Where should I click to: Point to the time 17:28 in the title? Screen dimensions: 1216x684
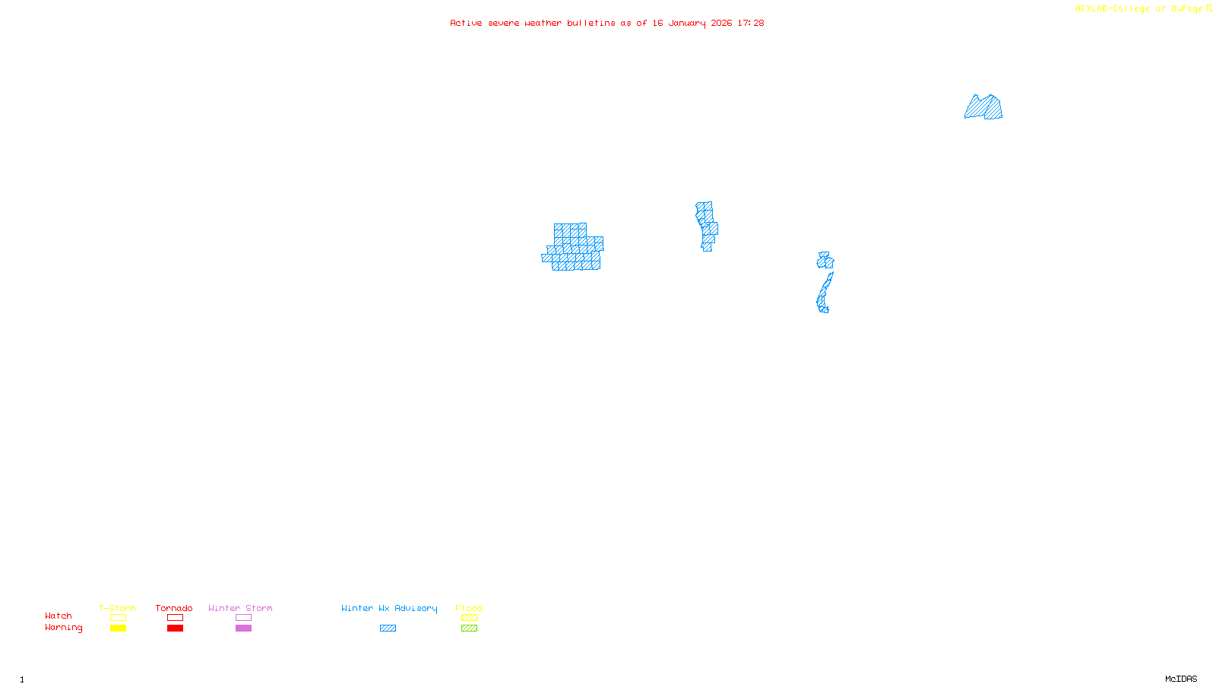click(x=750, y=23)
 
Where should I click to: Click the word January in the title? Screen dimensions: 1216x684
click(x=686, y=23)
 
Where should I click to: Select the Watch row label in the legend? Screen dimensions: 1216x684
click(x=59, y=616)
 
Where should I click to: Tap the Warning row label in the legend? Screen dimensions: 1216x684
click(x=63, y=628)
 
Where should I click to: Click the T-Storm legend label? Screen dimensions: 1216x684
click(x=117, y=608)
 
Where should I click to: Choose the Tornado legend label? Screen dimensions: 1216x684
click(x=174, y=608)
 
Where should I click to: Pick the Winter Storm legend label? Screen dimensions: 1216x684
click(x=240, y=608)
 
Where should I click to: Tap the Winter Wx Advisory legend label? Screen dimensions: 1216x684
click(x=389, y=608)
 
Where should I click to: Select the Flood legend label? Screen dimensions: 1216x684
click(x=469, y=608)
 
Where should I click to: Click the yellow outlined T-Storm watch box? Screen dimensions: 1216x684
click(x=118, y=618)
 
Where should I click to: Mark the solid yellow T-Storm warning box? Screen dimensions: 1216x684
click(x=118, y=629)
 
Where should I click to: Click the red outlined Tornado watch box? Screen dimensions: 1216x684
click(x=175, y=618)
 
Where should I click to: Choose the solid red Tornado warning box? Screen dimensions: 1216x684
click(x=175, y=629)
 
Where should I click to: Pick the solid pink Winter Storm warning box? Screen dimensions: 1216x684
click(x=243, y=629)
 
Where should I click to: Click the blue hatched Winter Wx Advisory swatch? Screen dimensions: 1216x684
click(x=388, y=629)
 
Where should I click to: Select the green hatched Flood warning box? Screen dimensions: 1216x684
click(x=469, y=629)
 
